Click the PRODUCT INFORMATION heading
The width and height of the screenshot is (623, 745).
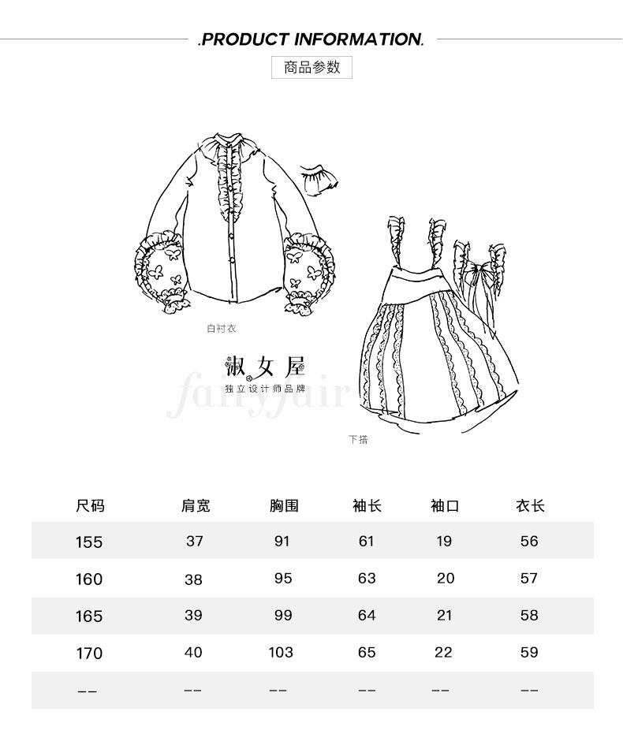coord(311,39)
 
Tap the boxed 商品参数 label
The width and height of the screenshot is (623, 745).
coord(311,67)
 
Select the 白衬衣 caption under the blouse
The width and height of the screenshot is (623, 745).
coord(222,328)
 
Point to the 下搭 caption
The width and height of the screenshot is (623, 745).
coord(358,439)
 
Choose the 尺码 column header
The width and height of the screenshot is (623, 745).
coord(90,505)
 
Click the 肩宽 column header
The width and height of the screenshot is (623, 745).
coord(196,505)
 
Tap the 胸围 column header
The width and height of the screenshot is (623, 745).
coord(284,505)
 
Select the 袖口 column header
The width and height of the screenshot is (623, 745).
coord(445,505)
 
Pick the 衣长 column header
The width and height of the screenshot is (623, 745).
coord(530,505)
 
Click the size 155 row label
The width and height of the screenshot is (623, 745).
coord(89,542)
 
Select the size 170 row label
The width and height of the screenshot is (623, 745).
coord(89,654)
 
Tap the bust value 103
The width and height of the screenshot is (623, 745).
coord(281,652)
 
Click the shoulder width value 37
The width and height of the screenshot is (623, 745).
coord(195,541)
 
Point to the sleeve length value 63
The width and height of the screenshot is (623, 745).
coord(367,578)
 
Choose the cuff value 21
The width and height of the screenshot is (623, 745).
coord(445,615)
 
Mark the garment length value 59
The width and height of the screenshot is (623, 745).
coord(529,652)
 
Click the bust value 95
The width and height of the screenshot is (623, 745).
coord(283,578)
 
